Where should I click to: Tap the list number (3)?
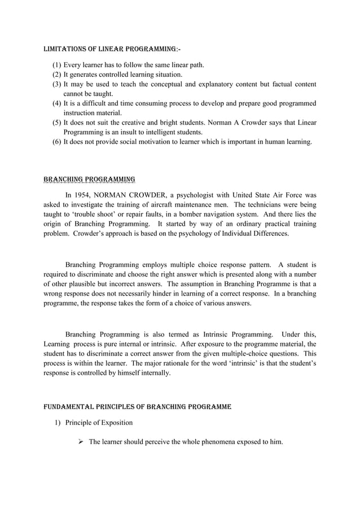coord(56,85)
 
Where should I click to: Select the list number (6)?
coord(56,142)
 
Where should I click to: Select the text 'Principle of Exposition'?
coord(99,422)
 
